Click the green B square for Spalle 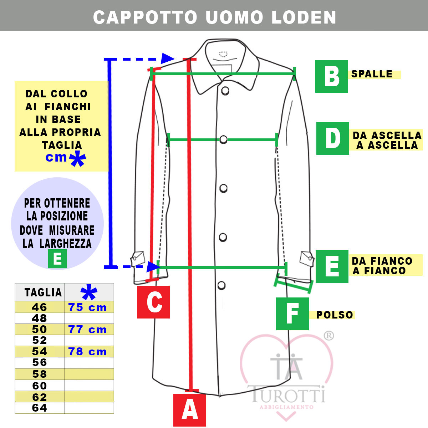coord(331,76)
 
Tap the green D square coord(332,138)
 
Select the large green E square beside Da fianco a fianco coord(332,266)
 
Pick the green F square coord(292,314)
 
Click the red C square coord(153,302)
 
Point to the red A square coord(190,410)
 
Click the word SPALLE coord(372,74)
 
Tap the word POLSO coord(335,315)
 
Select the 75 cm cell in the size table coord(87,307)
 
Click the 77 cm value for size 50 coord(87,330)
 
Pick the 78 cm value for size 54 coord(87,352)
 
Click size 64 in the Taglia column coord(40,408)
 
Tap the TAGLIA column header coord(43,292)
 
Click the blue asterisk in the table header coord(89,292)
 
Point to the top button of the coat coord(225,91)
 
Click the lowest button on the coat coord(221,285)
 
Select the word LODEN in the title coord(304,17)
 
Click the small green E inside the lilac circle coord(57,259)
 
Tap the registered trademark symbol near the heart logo coord(329,336)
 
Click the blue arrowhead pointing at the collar coord(168,59)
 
